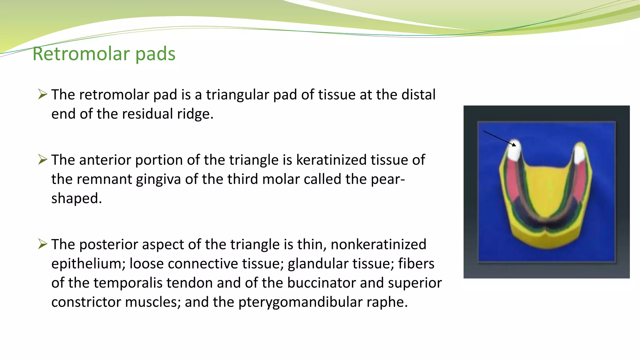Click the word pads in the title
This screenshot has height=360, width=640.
155,54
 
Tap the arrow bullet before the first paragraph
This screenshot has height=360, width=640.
42,94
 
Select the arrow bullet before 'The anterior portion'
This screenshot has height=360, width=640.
42,159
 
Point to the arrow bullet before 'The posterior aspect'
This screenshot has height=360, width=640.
42,244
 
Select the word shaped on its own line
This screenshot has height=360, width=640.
76,198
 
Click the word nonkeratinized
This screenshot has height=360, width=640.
378,244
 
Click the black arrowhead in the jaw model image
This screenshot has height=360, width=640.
514,145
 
